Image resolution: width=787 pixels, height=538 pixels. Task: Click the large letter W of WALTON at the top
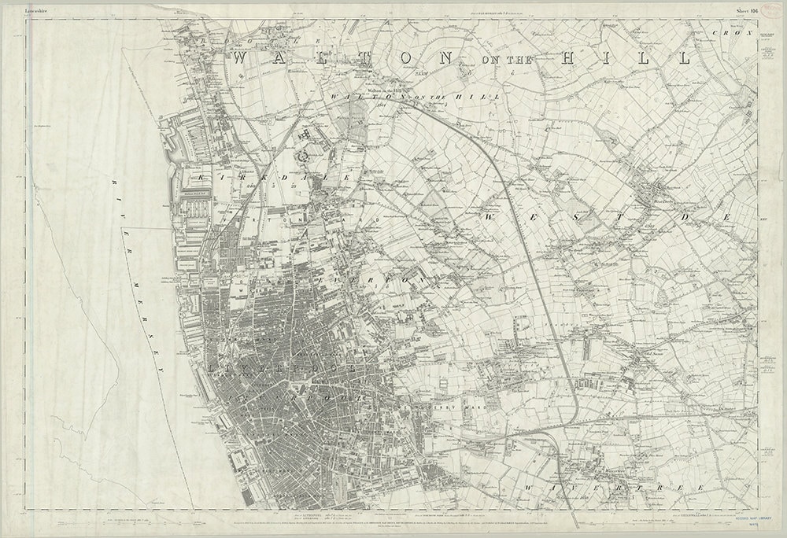(243, 59)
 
